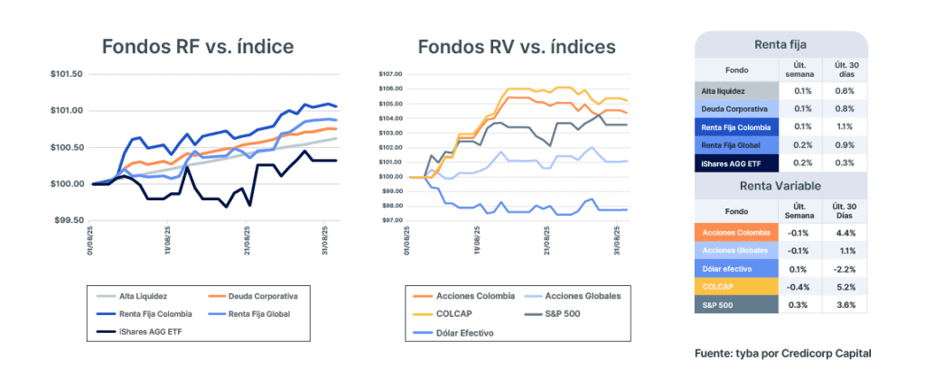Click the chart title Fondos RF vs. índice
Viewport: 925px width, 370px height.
(198, 46)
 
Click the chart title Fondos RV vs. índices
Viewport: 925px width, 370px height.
(517, 46)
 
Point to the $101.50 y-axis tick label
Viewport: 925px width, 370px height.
(67, 75)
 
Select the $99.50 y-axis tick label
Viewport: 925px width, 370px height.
(67, 220)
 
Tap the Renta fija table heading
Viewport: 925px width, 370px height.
(780, 42)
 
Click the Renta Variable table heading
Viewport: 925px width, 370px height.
(780, 187)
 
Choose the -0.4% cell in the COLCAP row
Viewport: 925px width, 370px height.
(799, 287)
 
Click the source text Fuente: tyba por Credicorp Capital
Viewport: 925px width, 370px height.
(783, 352)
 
